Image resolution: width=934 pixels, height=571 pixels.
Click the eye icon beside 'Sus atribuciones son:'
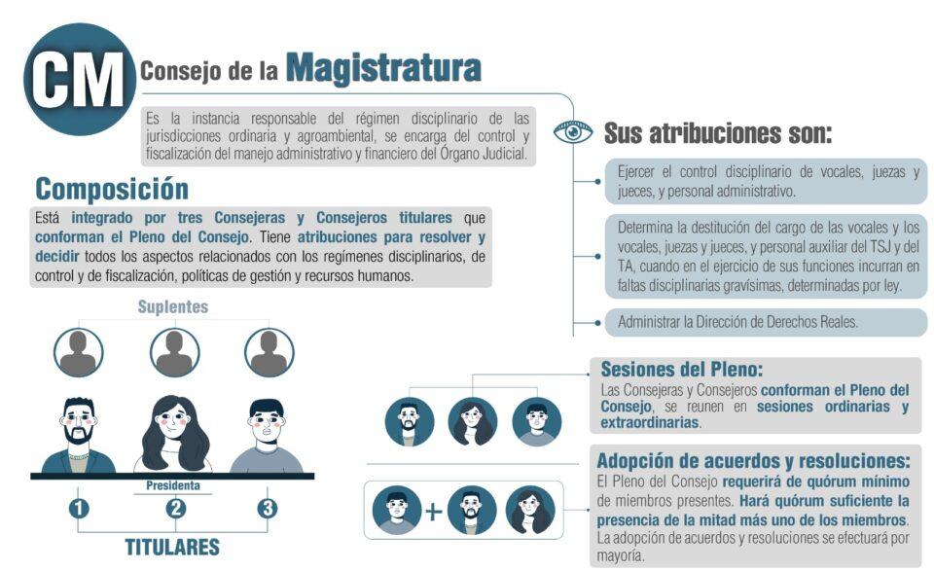point(572,131)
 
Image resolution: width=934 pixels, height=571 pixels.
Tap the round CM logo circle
point(79,79)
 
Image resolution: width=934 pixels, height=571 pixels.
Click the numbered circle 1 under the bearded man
point(79,509)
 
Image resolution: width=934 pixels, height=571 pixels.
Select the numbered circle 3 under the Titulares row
point(267,509)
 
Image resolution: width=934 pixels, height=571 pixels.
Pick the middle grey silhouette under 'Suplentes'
point(174,352)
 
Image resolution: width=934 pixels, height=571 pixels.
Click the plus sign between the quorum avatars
point(434,511)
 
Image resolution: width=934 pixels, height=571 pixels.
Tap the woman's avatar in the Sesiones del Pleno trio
point(473,421)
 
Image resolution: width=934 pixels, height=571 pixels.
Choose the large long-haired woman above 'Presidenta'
point(174,434)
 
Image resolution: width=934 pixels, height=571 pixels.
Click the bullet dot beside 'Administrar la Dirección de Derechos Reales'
point(597,323)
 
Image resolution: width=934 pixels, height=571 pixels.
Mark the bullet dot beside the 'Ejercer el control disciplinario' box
point(597,181)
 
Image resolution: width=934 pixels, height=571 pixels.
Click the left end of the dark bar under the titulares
point(31,477)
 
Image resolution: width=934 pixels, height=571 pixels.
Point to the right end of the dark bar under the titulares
point(314,477)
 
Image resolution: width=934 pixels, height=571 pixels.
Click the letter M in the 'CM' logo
point(99,79)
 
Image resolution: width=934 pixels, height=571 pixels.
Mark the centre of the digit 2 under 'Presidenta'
point(176,509)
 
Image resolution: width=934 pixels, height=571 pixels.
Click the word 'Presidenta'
point(173,485)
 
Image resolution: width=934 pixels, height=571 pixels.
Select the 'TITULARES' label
point(172,548)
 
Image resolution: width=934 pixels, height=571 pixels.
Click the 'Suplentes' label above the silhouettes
point(173,306)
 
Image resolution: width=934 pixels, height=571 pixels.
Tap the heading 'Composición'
point(112,190)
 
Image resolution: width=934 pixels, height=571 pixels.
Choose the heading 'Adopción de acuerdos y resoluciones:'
point(753,461)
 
